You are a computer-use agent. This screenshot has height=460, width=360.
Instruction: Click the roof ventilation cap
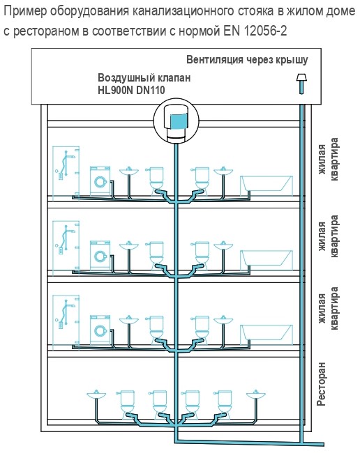coord(301,77)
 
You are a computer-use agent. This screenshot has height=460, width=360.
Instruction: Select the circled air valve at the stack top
coord(177,121)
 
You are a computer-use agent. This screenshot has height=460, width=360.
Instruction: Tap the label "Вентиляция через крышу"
coord(247,59)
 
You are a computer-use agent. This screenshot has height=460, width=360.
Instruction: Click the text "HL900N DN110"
coord(131,90)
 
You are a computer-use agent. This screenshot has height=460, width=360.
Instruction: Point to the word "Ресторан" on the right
coord(322,384)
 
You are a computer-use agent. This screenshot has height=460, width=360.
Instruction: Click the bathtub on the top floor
coord(267,186)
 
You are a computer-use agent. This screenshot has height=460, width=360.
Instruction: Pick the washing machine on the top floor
coord(100,181)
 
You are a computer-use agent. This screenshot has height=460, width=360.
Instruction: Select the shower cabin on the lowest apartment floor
coord(66,322)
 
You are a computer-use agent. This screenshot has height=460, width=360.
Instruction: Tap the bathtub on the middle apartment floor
coord(267,260)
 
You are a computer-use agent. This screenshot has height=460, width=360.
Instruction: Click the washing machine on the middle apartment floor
coord(100,255)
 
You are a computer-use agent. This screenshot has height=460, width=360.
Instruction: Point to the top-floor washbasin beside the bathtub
coord(223,171)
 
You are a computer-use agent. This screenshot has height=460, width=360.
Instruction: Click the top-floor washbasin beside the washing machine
coord(128,171)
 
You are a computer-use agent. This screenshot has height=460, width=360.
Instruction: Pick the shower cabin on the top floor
coord(66,174)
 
